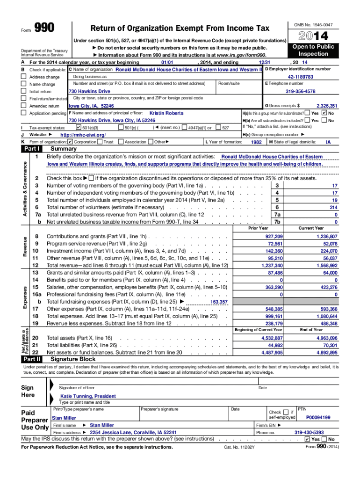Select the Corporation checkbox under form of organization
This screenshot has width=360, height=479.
tap(70, 142)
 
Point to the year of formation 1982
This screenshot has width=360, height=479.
tap(256, 142)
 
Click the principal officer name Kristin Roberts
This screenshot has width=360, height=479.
tap(166, 113)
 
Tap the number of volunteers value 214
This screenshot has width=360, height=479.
tap(333, 207)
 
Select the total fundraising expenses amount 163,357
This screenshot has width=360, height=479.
tap(219, 302)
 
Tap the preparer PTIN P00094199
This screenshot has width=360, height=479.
tap(318, 417)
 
